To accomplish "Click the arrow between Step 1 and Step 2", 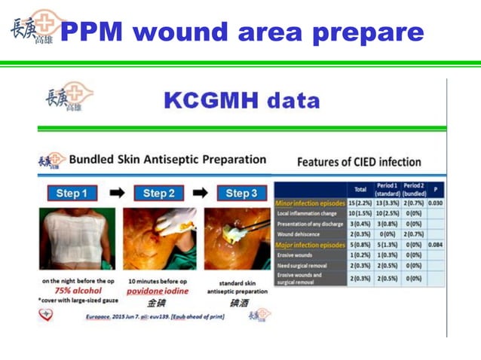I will [116, 194].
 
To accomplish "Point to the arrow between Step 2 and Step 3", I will [200, 194].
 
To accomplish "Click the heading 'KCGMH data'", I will [241, 101].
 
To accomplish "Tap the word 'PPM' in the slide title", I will [95, 32].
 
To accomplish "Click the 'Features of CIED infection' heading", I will [359, 162].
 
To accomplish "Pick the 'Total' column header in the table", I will [360, 189].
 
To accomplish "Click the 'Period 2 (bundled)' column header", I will [413, 189].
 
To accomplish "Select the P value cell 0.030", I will [436, 203].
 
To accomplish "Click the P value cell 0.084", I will [436, 245].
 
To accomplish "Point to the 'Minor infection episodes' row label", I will [311, 203].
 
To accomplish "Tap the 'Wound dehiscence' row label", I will [301, 234].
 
